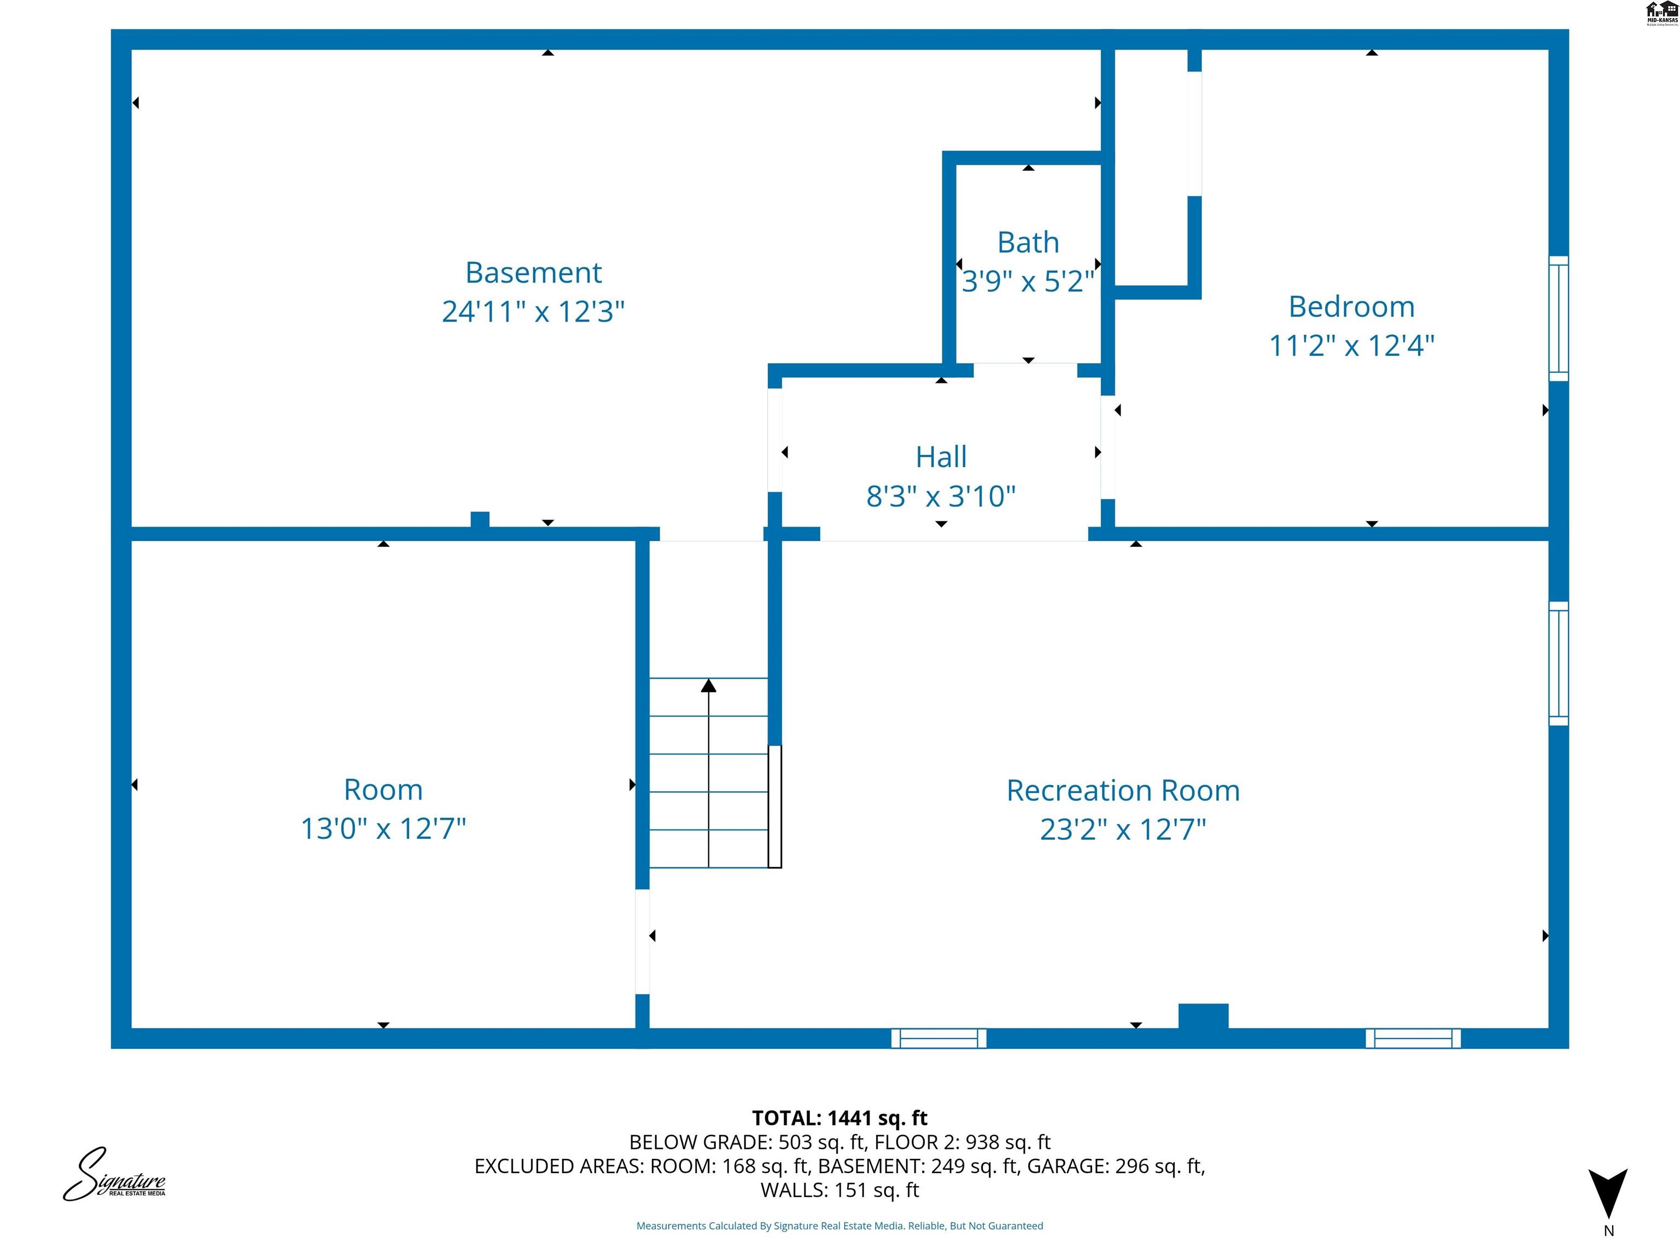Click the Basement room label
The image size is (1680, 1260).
point(533,273)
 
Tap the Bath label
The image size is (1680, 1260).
point(1028,242)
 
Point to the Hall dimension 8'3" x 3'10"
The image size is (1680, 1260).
point(941,497)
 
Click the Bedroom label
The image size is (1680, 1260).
point(1351,307)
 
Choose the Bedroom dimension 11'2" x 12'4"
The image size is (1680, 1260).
point(1351,346)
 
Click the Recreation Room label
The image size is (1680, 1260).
point(1123,791)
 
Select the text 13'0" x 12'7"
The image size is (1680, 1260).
point(383,829)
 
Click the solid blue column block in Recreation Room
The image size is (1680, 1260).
point(1203,1016)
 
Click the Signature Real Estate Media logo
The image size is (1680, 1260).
point(114,1175)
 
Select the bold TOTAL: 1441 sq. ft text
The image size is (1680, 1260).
point(839,1118)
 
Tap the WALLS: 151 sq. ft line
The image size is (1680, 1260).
point(839,1190)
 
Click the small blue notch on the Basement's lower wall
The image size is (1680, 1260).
point(480,520)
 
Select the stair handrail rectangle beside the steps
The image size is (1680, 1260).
point(775,807)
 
